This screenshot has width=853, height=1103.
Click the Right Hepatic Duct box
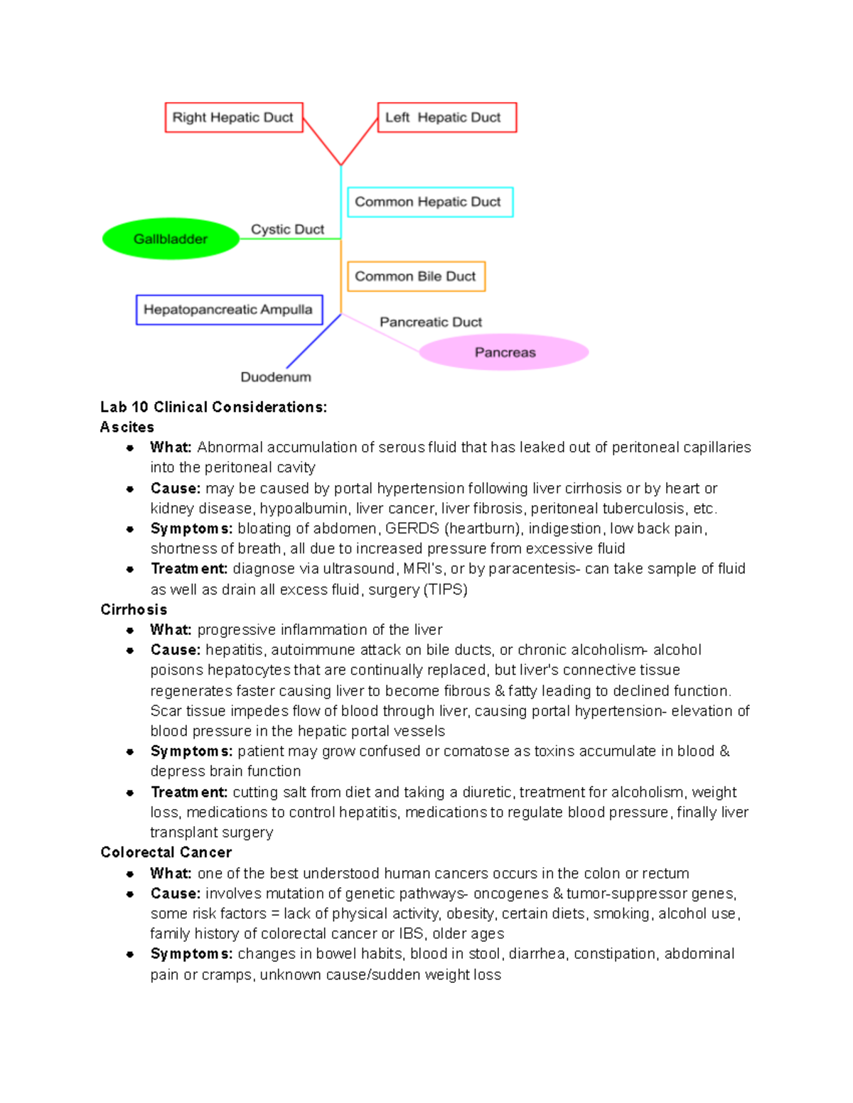[x=233, y=117]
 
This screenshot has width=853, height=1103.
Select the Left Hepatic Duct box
[x=446, y=117]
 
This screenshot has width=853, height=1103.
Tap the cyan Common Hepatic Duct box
[x=429, y=202]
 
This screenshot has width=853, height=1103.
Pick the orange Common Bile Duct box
[x=416, y=276]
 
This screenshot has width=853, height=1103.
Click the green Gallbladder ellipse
[x=171, y=239]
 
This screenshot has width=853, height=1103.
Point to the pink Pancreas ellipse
[x=504, y=352]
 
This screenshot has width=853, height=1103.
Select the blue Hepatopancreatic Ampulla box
[x=229, y=310]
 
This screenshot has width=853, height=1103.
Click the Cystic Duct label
[x=287, y=229]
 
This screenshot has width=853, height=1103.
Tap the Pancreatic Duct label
[x=430, y=322]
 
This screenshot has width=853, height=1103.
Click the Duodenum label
[x=276, y=377]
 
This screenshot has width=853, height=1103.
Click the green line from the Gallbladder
[x=290, y=239]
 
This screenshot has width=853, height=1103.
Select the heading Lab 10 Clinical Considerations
[x=213, y=407]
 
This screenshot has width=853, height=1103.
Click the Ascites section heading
[x=127, y=427]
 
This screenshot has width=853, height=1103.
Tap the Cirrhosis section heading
[x=134, y=609]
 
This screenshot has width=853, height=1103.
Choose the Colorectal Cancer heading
[x=166, y=852]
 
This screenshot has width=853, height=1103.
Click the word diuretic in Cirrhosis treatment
[x=487, y=792]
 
